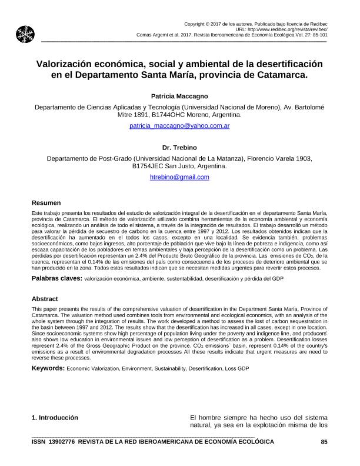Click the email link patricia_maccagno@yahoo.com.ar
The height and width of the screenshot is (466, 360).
179,126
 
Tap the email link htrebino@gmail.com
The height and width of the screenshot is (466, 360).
179,177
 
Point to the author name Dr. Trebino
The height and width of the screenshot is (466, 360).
179,147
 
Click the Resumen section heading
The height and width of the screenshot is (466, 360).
46,202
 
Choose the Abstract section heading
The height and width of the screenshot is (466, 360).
45,299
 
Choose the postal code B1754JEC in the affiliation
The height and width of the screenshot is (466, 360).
155,167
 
